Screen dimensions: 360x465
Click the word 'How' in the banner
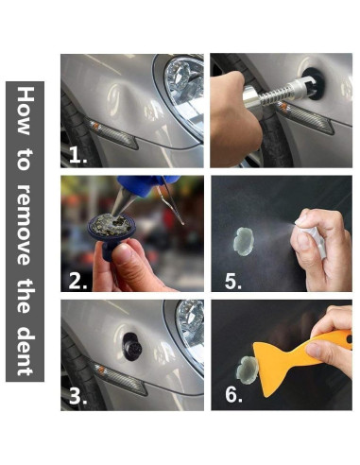[x=25, y=111]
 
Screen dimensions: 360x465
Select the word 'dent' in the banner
[x=25, y=352]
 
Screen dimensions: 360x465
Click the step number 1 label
[x=77, y=155]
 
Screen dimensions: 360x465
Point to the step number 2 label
[x=77, y=281]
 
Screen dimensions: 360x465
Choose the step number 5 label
[x=233, y=281]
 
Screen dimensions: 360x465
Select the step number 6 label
[x=233, y=394]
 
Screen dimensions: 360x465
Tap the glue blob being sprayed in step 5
[x=244, y=241]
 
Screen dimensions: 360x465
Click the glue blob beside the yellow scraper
[x=248, y=370]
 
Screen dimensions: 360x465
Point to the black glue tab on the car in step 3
[x=132, y=347]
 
